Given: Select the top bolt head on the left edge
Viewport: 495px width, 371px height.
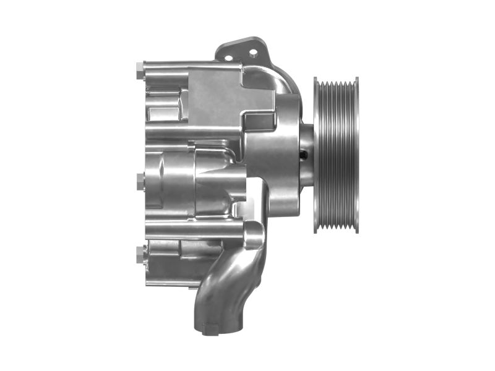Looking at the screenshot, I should pos(139,72).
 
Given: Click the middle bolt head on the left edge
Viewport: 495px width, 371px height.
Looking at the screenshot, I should pos(139,180).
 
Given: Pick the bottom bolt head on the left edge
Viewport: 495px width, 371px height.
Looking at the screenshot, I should pos(139,253).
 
